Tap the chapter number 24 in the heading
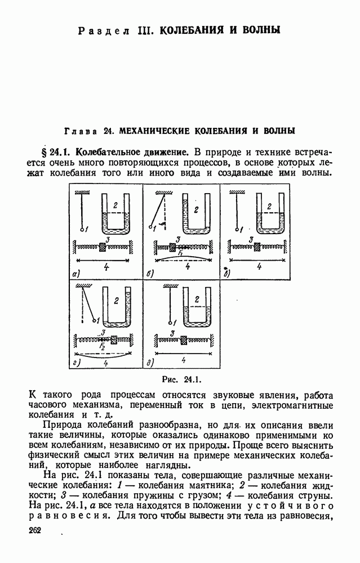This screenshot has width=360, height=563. click(109, 131)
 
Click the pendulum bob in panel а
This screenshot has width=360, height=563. click(82, 229)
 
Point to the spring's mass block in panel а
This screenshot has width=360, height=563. click(103, 246)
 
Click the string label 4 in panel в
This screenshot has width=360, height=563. click(259, 266)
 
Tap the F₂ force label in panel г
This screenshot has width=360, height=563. click(102, 347)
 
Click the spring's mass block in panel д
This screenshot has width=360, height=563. click(184, 339)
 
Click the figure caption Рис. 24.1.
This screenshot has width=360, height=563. click(181, 378)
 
